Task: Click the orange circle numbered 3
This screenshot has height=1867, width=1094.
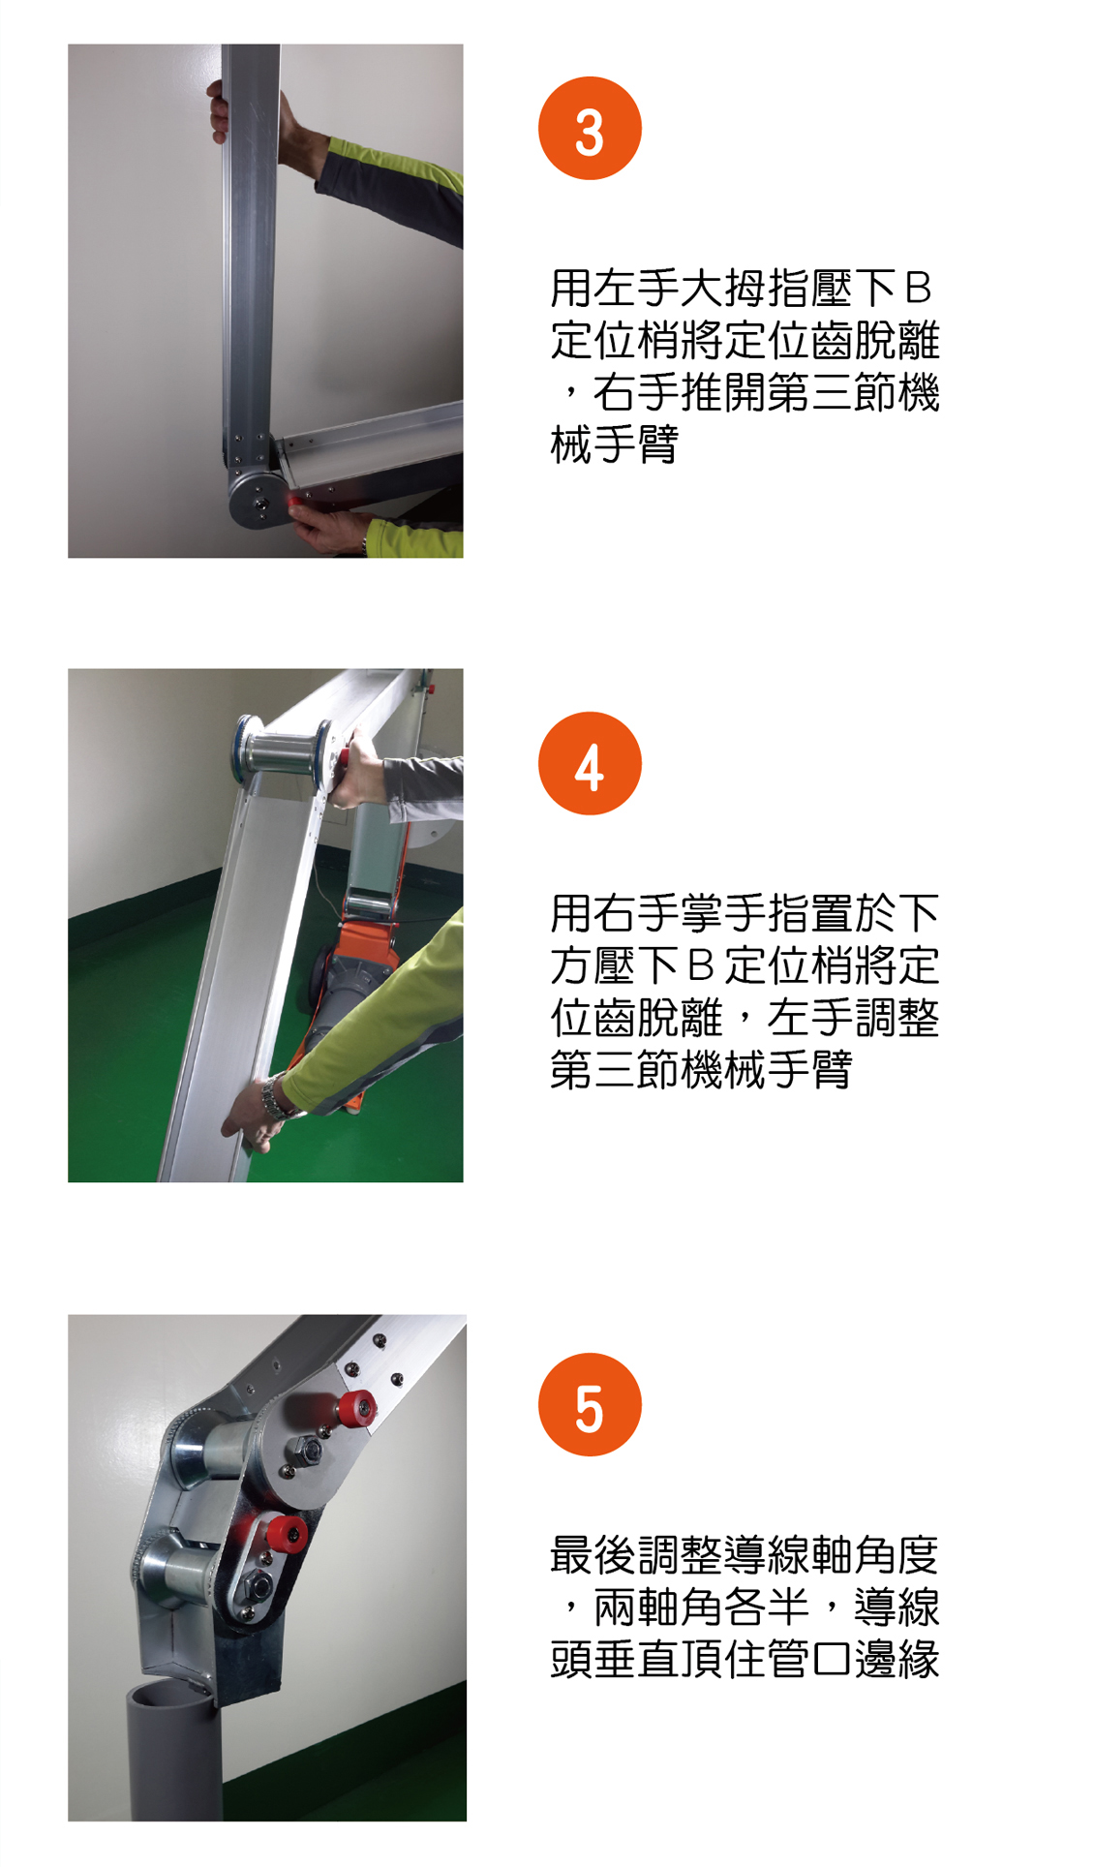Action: point(590,129)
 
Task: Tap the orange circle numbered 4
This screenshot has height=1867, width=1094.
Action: point(590,764)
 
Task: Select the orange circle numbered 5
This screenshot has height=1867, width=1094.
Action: point(590,1405)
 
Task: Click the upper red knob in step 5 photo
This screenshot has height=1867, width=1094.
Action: point(355,1409)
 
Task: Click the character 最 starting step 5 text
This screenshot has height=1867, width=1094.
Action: point(571,1555)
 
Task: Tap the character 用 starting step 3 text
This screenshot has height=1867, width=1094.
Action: point(571,289)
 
